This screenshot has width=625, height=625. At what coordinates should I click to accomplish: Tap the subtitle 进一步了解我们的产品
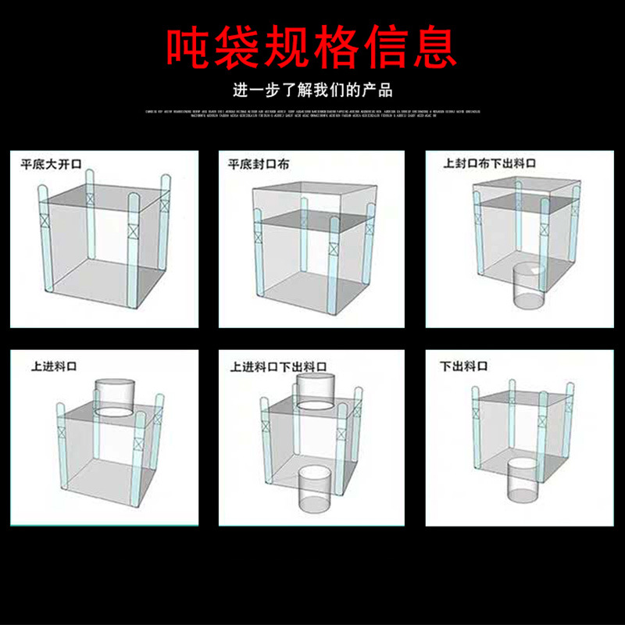click(x=312, y=90)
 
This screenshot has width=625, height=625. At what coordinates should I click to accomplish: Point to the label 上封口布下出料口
click(x=490, y=163)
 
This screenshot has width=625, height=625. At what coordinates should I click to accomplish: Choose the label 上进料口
click(x=54, y=365)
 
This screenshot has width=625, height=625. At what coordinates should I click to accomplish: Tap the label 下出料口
click(x=464, y=365)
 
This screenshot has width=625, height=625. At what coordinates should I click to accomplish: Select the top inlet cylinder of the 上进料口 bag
click(x=115, y=397)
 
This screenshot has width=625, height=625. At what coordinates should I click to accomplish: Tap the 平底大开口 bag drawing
click(x=105, y=242)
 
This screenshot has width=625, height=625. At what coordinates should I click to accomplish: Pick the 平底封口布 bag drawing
click(x=312, y=246)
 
